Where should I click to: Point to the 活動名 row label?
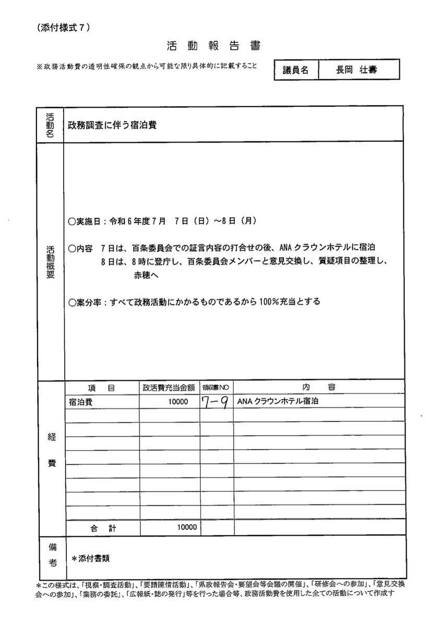click(x=50, y=124)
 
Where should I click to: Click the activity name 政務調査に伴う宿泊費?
click(x=113, y=125)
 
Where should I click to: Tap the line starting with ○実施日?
click(x=162, y=221)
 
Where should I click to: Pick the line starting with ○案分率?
click(x=194, y=302)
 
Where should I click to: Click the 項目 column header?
click(x=102, y=388)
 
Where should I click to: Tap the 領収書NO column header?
click(x=216, y=388)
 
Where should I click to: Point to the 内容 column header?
click(x=318, y=387)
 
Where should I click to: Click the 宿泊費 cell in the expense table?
click(x=79, y=402)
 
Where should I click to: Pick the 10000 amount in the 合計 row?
click(x=186, y=527)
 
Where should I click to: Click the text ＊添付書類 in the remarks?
click(x=91, y=558)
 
